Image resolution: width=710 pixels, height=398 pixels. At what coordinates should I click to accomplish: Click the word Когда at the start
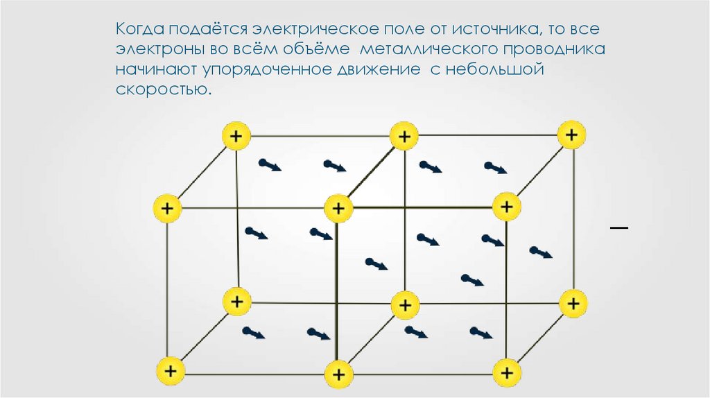tap(139, 31)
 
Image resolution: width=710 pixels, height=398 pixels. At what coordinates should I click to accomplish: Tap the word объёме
tap(313, 51)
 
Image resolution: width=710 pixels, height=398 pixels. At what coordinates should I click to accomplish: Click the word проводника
tap(555, 51)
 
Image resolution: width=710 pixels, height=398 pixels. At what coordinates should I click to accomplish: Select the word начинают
tap(154, 71)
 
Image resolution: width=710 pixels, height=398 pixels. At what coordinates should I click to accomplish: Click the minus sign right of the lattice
tap(619, 227)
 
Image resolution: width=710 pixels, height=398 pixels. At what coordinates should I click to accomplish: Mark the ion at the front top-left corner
tap(167, 207)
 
